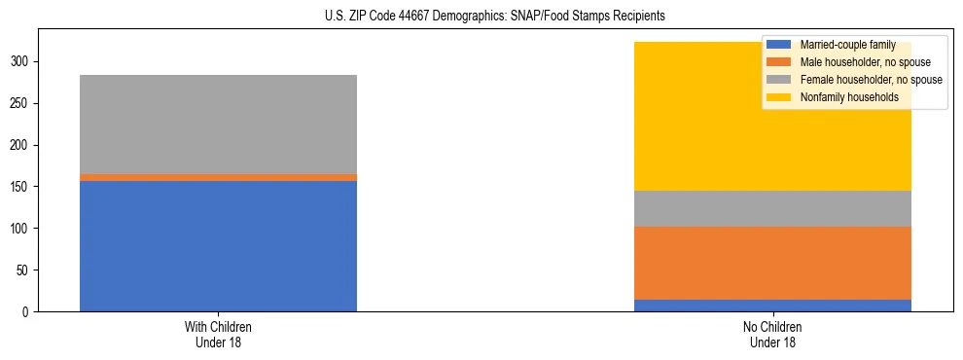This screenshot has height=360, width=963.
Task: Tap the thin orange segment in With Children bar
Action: click(x=218, y=177)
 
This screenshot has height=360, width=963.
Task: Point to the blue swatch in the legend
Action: click(x=779, y=45)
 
